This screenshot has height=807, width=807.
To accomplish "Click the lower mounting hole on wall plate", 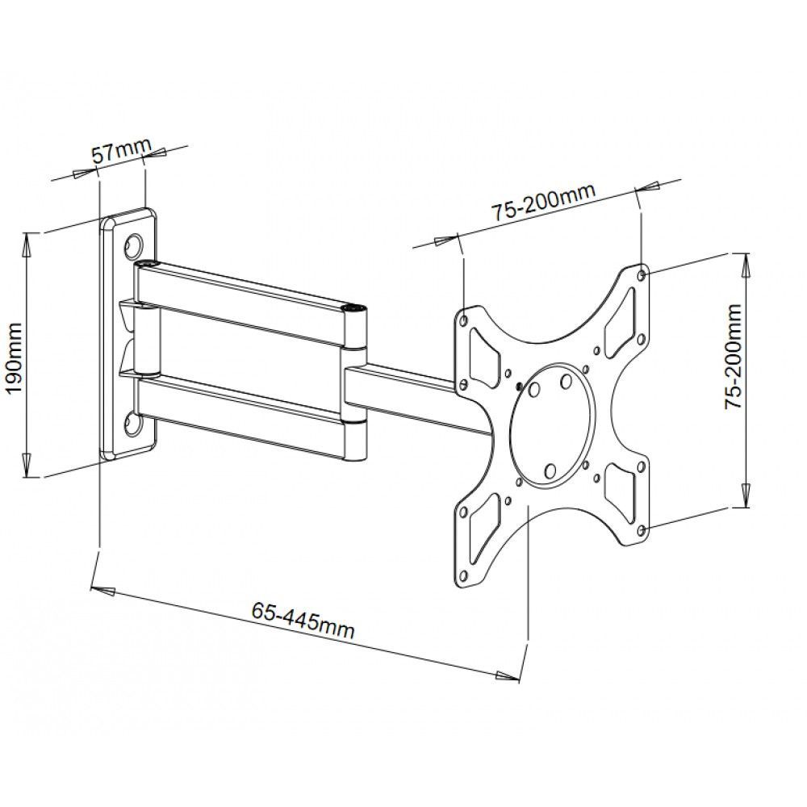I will pos(132,420).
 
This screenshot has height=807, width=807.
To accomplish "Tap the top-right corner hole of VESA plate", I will pos(642,275).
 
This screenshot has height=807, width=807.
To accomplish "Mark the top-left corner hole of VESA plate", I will pos(464,320).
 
